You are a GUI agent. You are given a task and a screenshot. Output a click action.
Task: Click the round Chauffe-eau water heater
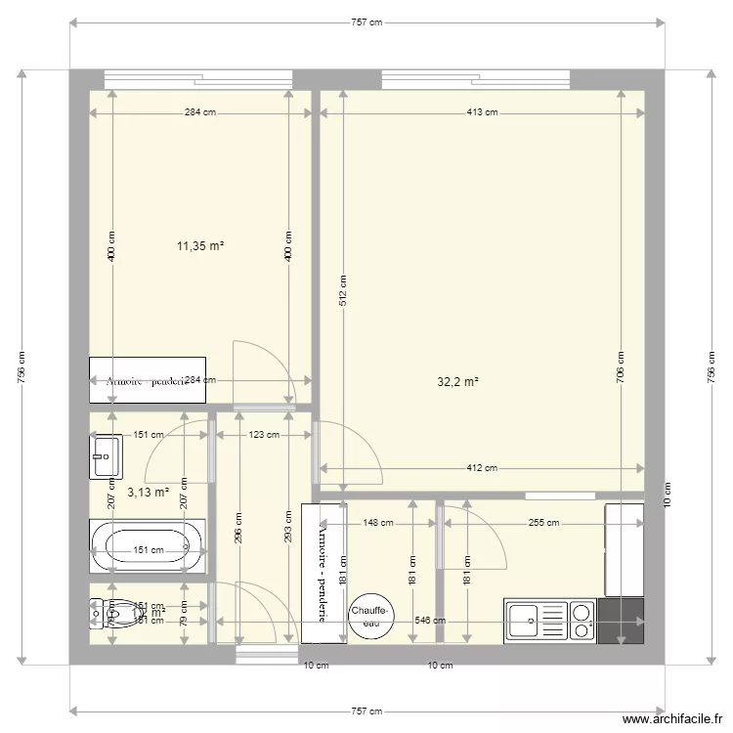click(371, 617)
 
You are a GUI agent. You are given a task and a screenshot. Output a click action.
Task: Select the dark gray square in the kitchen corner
click(622, 622)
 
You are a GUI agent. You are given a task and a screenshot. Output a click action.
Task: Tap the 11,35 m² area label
click(200, 246)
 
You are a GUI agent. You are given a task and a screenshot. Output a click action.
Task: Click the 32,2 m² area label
click(457, 382)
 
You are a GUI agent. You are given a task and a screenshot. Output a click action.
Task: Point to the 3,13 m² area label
click(148, 493)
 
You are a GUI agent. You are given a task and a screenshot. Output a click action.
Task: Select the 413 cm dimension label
click(481, 112)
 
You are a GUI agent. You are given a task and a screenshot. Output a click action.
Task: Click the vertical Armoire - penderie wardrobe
click(323, 573)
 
